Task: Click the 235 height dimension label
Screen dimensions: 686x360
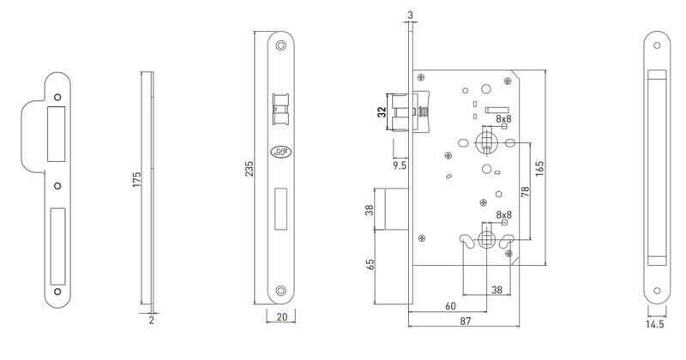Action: pos(249,169)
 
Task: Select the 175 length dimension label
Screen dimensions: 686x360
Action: pos(137,180)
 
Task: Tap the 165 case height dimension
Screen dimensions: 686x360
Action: pos(539,169)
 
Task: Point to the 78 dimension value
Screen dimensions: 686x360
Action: pos(525,192)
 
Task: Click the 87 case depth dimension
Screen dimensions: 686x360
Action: pos(465,321)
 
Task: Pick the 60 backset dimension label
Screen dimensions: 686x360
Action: pos(451,306)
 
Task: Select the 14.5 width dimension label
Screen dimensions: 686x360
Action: pos(655,324)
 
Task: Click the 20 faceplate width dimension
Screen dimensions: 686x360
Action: pos(282,316)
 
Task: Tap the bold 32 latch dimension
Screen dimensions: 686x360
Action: pos(382,112)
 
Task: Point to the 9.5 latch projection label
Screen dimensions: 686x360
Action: pos(400,165)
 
